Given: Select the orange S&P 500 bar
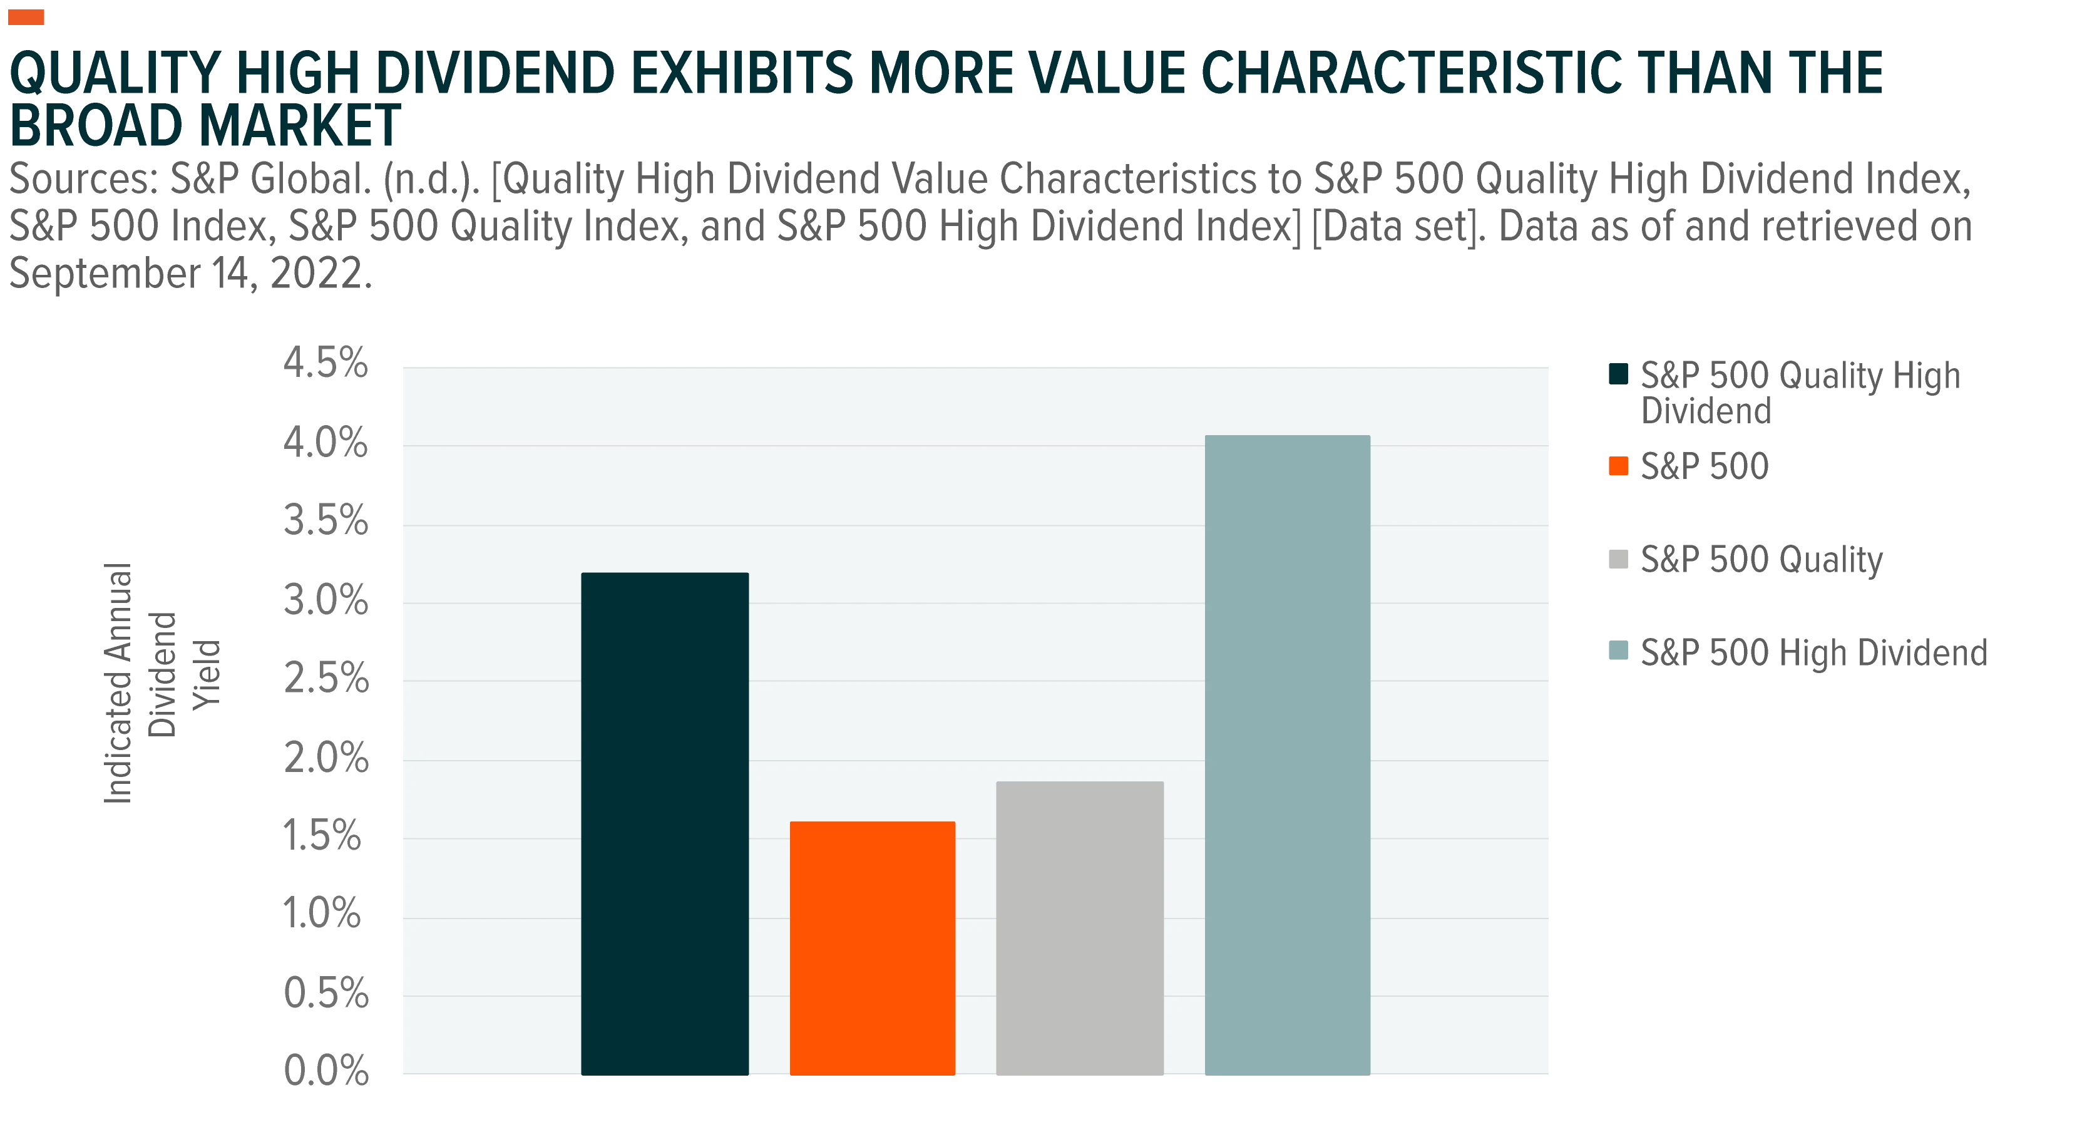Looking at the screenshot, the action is (x=873, y=948).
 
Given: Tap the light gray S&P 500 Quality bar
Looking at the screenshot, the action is (x=1080, y=928).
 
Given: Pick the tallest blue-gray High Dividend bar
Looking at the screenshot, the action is (x=1288, y=755).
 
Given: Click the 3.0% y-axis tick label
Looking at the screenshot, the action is (x=326, y=600).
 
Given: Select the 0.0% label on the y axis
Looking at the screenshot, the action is (x=326, y=1071).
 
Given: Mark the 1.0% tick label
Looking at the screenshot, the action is (x=322, y=913).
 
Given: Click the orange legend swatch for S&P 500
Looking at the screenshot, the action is (x=1618, y=466).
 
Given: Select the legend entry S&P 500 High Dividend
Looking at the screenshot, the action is (x=1814, y=653).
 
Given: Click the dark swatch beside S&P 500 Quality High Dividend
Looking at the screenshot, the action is (x=1618, y=374).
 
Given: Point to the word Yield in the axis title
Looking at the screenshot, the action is (x=206, y=675).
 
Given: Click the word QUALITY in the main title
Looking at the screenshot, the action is (x=114, y=74).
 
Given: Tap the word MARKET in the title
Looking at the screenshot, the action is (x=300, y=126).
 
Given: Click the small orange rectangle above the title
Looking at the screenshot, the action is (x=26, y=16).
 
